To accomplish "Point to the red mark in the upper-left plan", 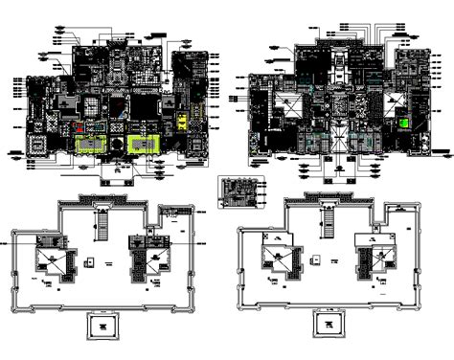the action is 78,124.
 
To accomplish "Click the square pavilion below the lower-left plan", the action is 101,326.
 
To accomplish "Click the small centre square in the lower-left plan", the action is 87,259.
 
